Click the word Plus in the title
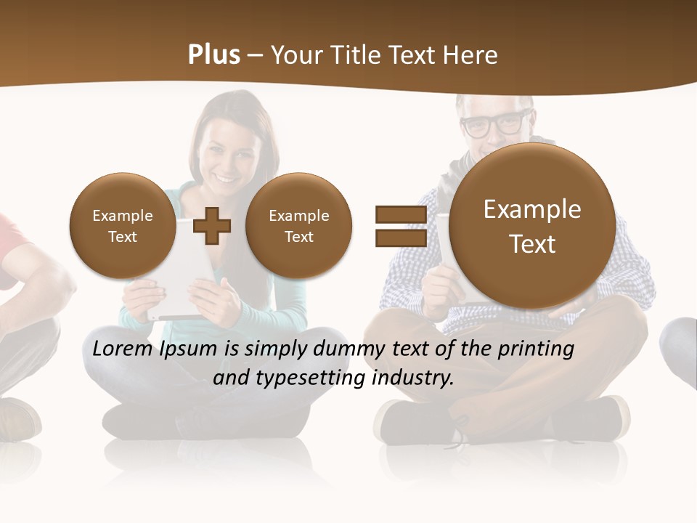(x=213, y=55)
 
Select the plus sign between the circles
(x=212, y=226)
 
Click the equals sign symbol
(x=400, y=226)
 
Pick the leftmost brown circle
(x=122, y=226)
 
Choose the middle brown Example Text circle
(x=298, y=226)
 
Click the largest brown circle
(x=532, y=226)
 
